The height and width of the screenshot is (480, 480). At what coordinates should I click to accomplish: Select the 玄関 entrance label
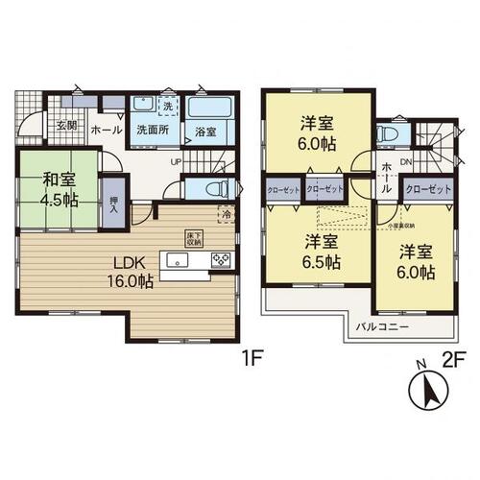pos(64,125)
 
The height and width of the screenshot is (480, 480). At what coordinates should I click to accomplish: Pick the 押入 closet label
pos(113,198)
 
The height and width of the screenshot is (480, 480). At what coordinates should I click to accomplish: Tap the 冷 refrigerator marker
pos(227,215)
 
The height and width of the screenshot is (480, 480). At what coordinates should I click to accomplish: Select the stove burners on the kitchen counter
pos(221,259)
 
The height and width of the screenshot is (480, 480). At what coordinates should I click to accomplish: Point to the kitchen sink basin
pos(180,259)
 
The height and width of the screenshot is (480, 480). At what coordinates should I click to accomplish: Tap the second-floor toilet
pos(390,134)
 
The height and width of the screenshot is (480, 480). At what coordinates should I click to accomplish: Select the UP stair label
pos(176,161)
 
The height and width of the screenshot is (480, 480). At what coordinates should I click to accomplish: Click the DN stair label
pos(406,162)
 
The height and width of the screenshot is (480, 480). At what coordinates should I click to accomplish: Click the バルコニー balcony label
pos(384,327)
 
